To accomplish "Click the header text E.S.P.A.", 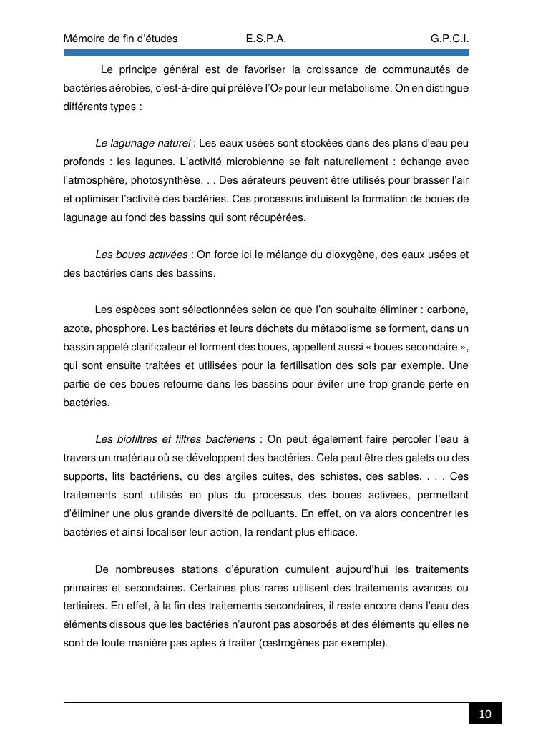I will (x=265, y=39).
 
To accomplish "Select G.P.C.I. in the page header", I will (x=449, y=39).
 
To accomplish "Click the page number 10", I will (x=485, y=714).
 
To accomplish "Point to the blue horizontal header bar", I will (x=266, y=53).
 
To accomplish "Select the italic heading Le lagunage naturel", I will (x=142, y=143).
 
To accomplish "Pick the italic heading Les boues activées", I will (x=141, y=255).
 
